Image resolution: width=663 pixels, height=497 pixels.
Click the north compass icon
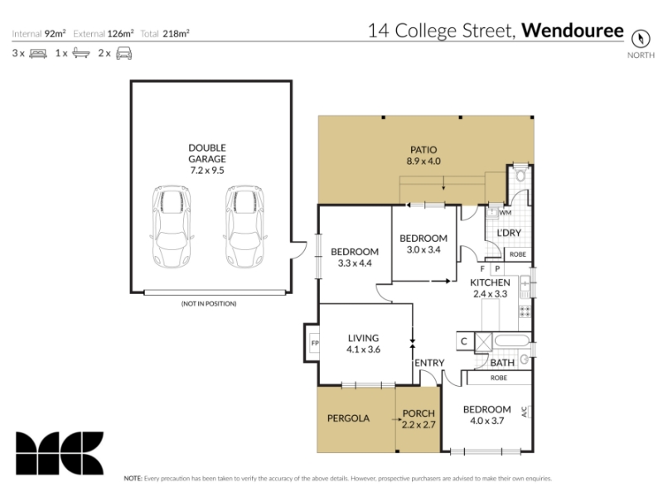tap(640, 39)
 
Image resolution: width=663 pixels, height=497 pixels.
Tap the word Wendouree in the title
tap(573, 31)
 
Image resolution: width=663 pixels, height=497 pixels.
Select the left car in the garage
tap(172, 226)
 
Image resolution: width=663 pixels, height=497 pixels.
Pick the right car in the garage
tap(244, 226)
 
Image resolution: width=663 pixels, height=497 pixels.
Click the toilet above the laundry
tap(520, 173)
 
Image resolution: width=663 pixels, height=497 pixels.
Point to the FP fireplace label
tap(315, 343)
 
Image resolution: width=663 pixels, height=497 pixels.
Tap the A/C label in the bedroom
tap(525, 412)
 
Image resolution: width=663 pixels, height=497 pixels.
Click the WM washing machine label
tap(506, 213)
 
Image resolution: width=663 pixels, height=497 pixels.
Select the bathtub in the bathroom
tap(511, 341)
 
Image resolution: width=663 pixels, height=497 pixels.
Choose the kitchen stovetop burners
tap(525, 311)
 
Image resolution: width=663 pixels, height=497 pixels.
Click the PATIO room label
tap(423, 150)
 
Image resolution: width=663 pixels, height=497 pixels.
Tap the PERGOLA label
tap(348, 418)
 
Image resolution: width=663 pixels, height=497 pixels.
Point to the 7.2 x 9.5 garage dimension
tap(207, 171)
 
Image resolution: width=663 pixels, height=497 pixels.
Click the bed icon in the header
tap(38, 54)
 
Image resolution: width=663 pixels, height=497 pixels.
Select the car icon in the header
tap(123, 53)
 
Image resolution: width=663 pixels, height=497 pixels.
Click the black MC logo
tap(60, 453)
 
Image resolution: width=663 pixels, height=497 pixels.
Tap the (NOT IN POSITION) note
tap(209, 303)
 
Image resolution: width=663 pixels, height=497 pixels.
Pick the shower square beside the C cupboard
tap(484, 342)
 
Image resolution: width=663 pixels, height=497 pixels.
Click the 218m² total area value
tap(176, 33)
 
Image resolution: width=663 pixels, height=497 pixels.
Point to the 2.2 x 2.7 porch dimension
tap(419, 425)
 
